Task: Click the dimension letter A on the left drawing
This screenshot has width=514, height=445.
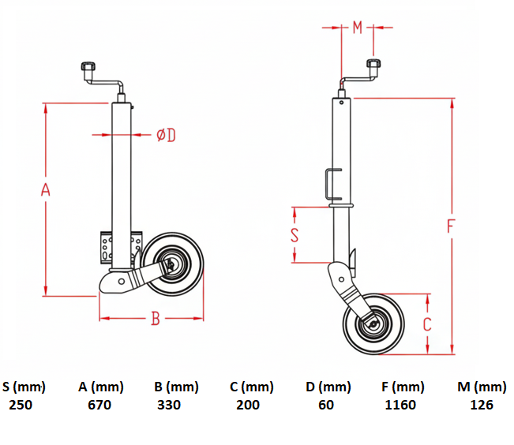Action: pos(46,189)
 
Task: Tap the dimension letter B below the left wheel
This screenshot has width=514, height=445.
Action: pos(156,318)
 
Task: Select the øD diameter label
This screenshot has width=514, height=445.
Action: pos(166,135)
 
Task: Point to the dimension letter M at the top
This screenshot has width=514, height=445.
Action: pos(358,28)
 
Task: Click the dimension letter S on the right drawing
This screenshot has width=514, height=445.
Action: pos(295,235)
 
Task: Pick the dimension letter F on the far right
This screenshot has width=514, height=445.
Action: pos(451,226)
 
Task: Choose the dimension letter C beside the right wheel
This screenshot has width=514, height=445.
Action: pos(427,324)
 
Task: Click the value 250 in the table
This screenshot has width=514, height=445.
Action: pos(21,405)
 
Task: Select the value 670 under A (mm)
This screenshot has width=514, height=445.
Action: pos(99,405)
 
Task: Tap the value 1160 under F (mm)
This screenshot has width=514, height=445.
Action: pos(400,405)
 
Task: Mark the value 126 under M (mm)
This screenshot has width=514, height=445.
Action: pos(482,405)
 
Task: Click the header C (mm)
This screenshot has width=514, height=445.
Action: pos(252,387)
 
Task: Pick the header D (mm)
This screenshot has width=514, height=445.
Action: pos(328,387)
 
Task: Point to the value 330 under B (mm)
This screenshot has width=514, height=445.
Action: pos(169,405)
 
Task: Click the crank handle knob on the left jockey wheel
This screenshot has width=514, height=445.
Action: pos(88,66)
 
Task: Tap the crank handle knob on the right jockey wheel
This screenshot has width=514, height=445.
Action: pos(373,63)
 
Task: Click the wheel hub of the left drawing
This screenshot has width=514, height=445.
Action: pos(171,264)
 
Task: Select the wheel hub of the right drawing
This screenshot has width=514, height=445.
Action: pos(373,324)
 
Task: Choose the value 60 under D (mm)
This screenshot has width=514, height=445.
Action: pos(326,405)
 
